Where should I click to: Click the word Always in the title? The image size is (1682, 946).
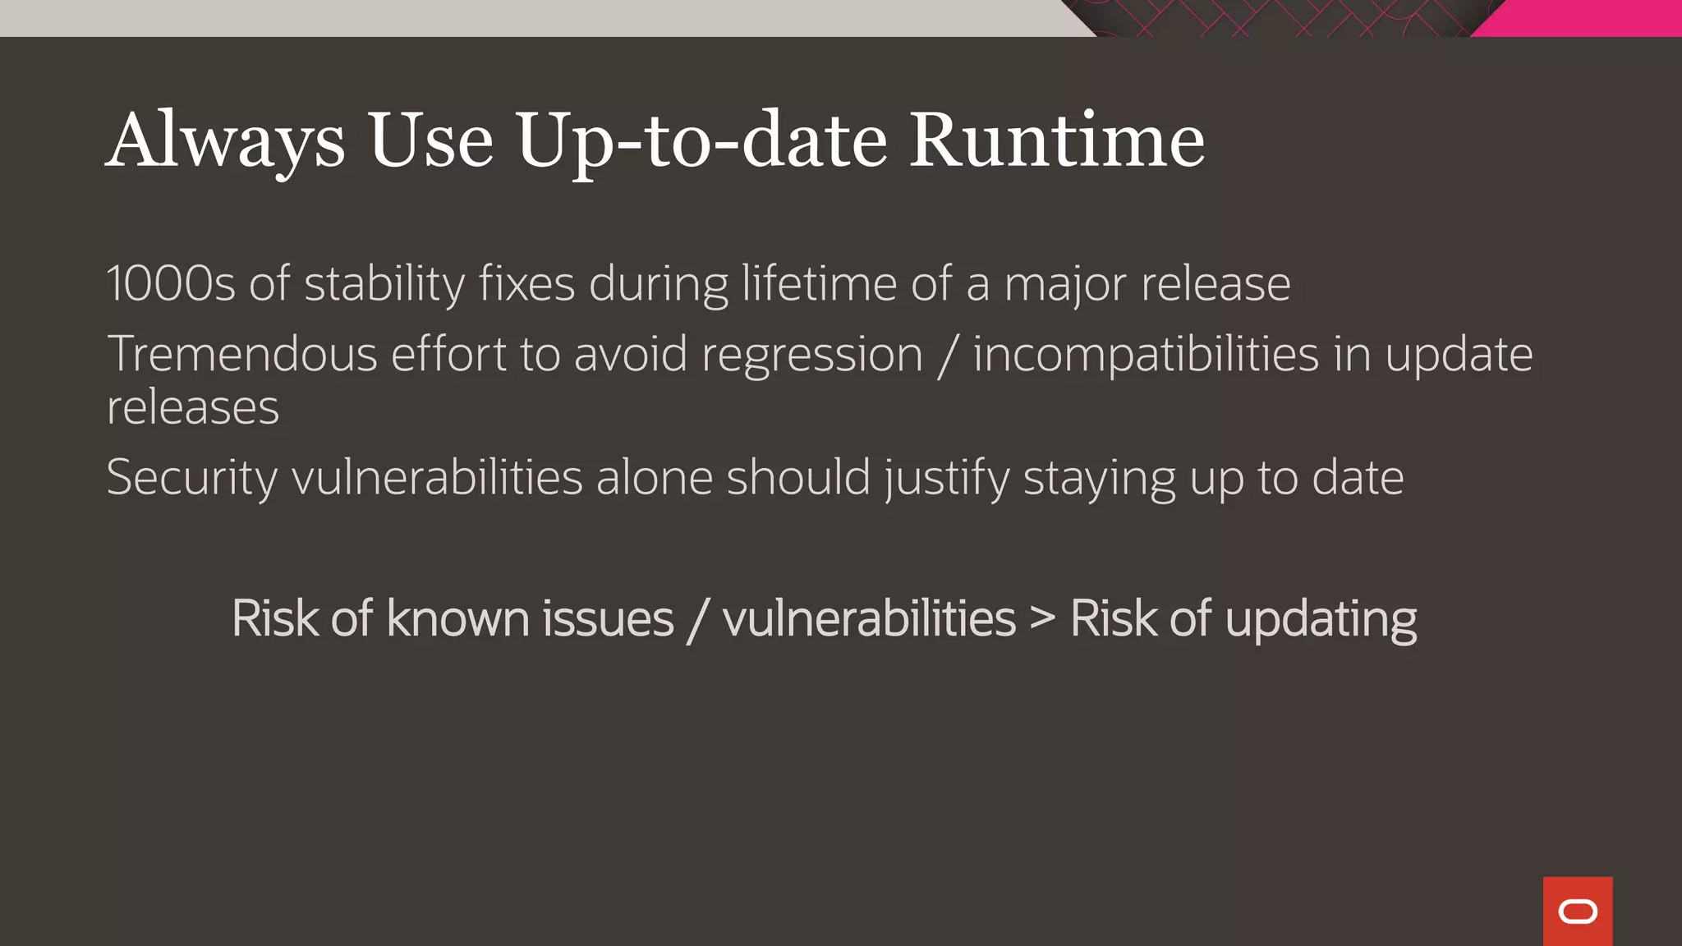click(x=225, y=141)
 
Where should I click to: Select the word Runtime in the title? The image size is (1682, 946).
click(x=1057, y=141)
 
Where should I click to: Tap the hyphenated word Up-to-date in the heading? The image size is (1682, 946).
click(x=701, y=141)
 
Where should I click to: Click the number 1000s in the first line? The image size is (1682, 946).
click(x=171, y=284)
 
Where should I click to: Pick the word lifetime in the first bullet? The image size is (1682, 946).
click(x=819, y=284)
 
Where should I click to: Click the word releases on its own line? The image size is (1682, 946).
click(x=193, y=408)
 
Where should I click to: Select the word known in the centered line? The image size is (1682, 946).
click(x=457, y=618)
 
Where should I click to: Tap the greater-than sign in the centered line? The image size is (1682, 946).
click(x=1042, y=618)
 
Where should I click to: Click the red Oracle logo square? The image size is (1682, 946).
click(x=1577, y=911)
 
